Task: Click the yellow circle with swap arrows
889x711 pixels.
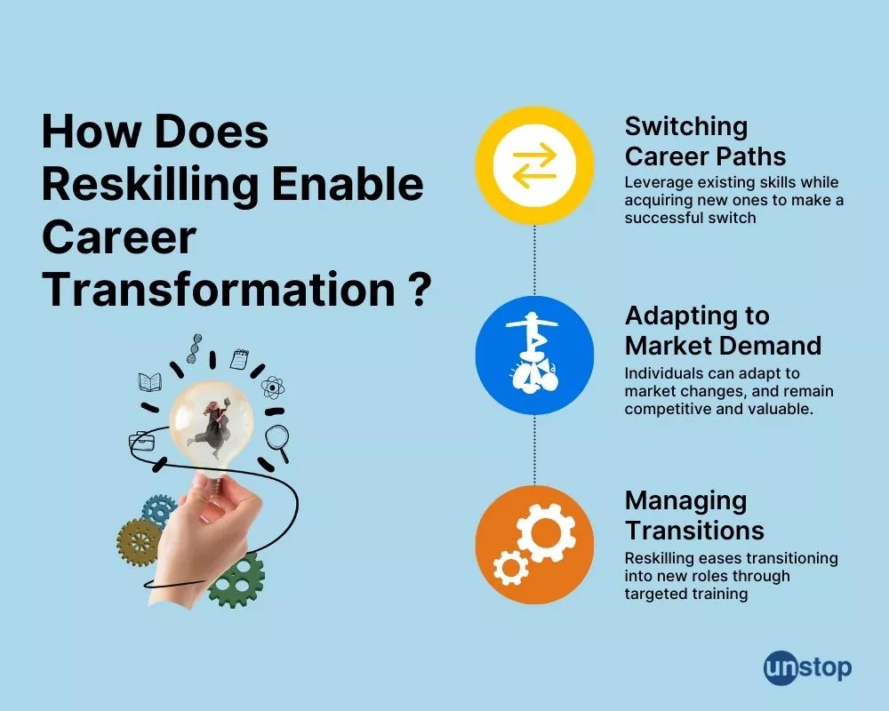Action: point(534,165)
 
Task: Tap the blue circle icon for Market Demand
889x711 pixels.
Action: point(534,356)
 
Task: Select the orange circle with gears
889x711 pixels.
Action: point(534,545)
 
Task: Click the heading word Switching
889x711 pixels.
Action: point(686,126)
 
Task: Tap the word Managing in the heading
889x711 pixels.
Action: point(685,500)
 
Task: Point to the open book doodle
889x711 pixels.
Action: point(149,382)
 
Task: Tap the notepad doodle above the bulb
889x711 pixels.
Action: point(238,358)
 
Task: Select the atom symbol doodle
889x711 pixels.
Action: point(272,387)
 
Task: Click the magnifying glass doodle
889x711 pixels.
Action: point(280,441)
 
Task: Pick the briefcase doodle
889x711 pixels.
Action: point(141,439)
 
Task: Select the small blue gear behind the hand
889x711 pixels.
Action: point(162,509)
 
